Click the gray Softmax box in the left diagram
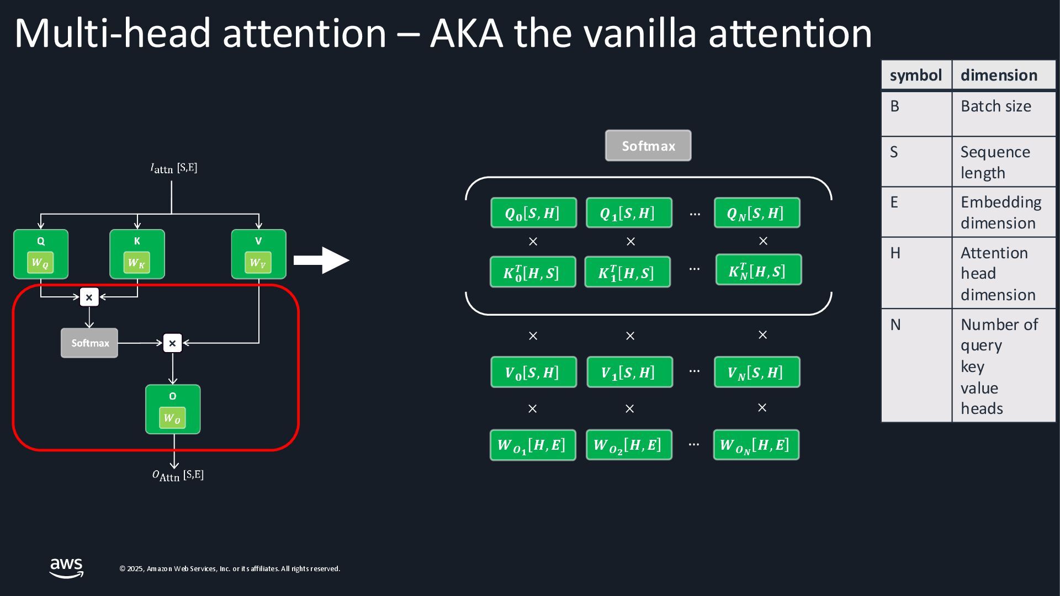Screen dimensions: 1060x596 [89, 343]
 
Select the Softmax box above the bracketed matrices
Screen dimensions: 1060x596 [648, 146]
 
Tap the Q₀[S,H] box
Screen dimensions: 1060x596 [533, 213]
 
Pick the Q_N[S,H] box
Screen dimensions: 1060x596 [756, 213]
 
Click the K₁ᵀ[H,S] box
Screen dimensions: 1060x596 [627, 272]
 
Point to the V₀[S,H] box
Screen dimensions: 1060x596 [533, 372]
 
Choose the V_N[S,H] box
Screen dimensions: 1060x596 [756, 372]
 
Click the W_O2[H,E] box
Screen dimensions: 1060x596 [629, 445]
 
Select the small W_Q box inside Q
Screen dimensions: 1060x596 [40, 263]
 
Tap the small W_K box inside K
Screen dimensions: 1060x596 [136, 263]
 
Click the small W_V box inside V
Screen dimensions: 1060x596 [258, 263]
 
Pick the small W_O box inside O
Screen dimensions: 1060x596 [172, 418]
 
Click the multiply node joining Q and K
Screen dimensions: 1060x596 [89, 297]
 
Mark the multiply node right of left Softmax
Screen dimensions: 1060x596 [172, 343]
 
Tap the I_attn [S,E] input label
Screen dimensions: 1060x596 [173, 168]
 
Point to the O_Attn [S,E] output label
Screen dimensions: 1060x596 [178, 475]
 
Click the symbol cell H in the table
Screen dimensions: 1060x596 [916, 273]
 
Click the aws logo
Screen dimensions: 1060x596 [66, 568]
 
